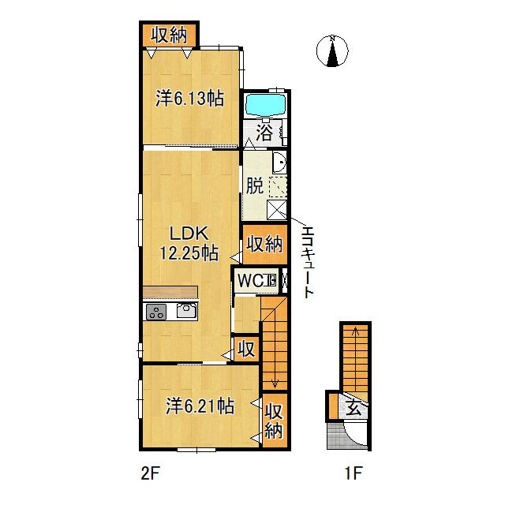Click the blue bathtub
point(265,105)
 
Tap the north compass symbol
point(332,50)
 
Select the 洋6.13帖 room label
point(189,98)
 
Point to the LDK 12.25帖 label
point(189,243)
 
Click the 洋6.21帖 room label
point(200,406)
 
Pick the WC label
point(250,281)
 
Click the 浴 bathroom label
point(264,132)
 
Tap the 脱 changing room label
point(255,185)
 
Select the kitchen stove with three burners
point(156,312)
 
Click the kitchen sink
point(186,311)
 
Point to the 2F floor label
point(150,473)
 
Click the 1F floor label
point(353,473)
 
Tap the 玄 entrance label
point(353,409)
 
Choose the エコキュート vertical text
point(308,261)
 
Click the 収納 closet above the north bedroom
point(170,35)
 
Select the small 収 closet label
point(247,349)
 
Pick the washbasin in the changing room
point(279,162)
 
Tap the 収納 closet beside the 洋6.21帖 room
point(274,421)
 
